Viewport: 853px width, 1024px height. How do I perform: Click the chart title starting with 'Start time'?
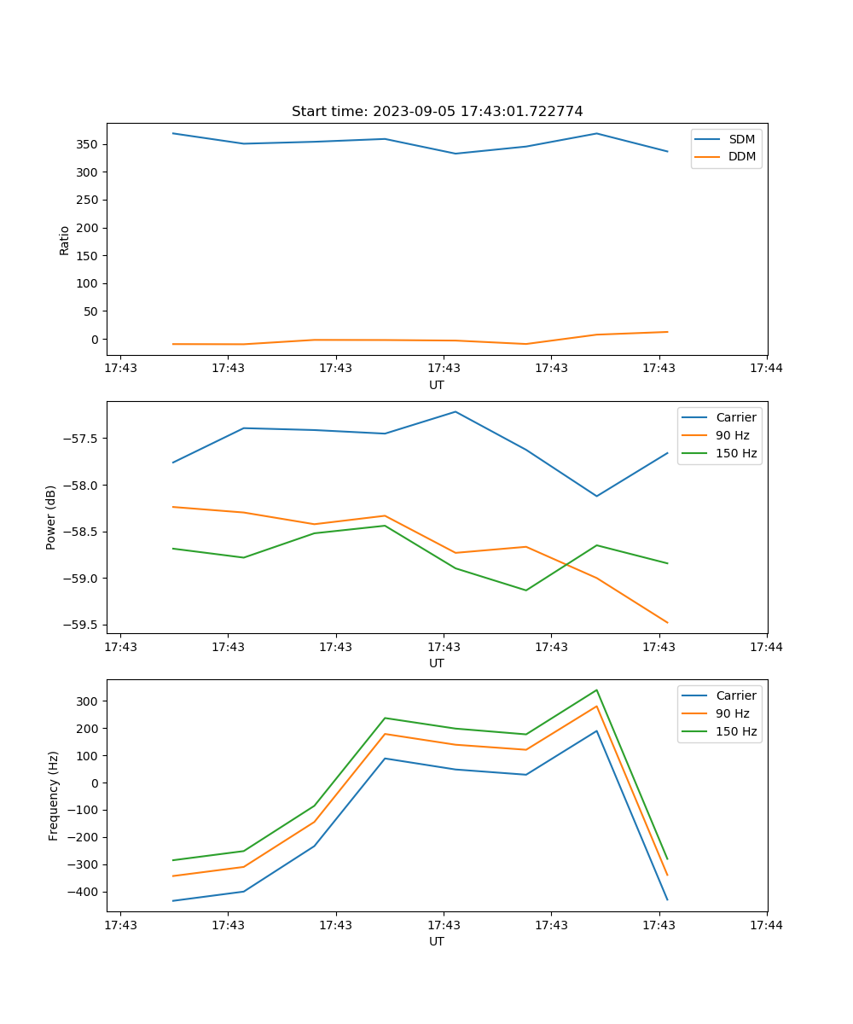click(x=437, y=112)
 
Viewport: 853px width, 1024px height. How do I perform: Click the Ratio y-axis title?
click(x=65, y=240)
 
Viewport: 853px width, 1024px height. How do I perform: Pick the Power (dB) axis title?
click(x=51, y=517)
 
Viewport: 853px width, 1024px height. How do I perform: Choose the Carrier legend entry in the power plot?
click(x=735, y=417)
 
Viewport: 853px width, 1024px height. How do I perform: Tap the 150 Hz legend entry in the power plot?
click(x=735, y=453)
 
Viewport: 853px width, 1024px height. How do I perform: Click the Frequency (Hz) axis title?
click(x=53, y=795)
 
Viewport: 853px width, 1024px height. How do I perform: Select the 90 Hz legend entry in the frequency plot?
click(x=732, y=713)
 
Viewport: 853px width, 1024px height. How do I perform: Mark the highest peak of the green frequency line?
click(x=596, y=690)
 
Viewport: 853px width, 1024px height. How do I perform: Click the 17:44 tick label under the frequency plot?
click(x=766, y=925)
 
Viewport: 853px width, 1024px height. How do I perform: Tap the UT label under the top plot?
click(x=437, y=385)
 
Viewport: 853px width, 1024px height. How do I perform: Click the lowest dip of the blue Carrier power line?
click(x=596, y=496)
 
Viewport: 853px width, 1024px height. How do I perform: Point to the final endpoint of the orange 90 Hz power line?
click(x=667, y=623)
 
